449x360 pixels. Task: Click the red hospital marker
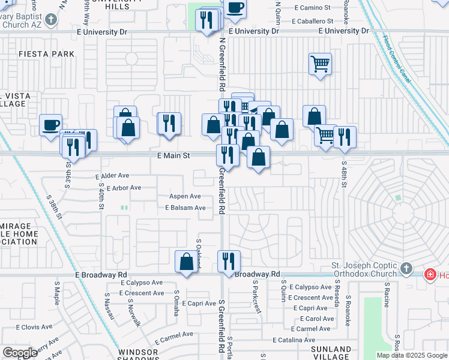tap(430, 275)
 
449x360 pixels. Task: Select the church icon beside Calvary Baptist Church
tap(52, 19)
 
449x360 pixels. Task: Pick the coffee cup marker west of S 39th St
tap(51, 125)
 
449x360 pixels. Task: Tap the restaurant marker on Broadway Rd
tap(229, 262)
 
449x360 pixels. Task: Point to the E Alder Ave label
tap(112, 176)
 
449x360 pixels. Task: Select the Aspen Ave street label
tap(185, 196)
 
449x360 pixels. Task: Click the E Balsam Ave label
tap(185, 208)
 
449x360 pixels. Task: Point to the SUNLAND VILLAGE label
tap(331, 353)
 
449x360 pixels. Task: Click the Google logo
tap(20, 352)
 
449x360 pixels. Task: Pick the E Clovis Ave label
tap(35, 327)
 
